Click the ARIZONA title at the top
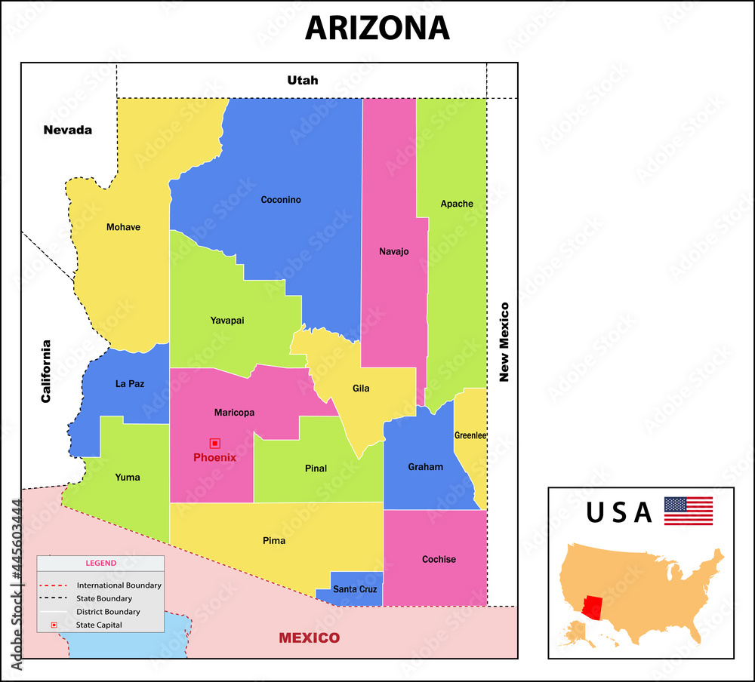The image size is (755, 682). pos(377,28)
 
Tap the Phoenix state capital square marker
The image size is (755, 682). pos(215,444)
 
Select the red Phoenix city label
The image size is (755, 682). pos(214,457)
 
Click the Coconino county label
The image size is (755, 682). pos(281,200)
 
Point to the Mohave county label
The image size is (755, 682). pos(123,227)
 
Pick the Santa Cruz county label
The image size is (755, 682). pos(355,589)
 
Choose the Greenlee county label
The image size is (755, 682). pos(470,435)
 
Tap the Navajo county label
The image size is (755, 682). pos(393,251)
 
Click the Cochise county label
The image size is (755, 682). pos(439,559)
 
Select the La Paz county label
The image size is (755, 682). pos(130,383)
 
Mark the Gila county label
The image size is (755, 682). pos(361,389)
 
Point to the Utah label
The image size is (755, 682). pos(302,80)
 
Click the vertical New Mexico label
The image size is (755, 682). pos(504,342)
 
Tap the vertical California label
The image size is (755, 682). pos(46,370)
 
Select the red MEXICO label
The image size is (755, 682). pos(310,637)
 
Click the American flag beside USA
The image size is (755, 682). pos(688,511)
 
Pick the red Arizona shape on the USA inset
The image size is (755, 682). pos(595,607)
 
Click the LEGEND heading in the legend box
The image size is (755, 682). pos(100,563)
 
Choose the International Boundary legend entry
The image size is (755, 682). pos(119,585)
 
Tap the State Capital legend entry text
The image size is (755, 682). pos(99,625)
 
